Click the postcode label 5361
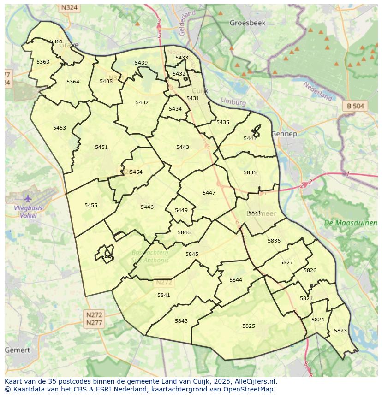point(56,41)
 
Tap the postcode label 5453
point(60,128)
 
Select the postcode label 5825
point(249,326)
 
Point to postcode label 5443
point(183,147)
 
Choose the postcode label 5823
point(340,331)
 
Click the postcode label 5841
point(164,295)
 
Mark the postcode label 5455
point(91,205)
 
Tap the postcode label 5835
point(250,172)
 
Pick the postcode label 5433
point(182,58)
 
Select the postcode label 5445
point(108,257)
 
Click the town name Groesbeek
point(248,23)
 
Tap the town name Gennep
point(284,134)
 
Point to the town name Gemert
point(18,350)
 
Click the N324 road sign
point(69,8)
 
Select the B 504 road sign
point(355,106)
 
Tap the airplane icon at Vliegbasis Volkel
point(28,199)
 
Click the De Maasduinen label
point(350,223)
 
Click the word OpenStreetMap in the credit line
point(248,389)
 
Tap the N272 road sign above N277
point(94,314)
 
